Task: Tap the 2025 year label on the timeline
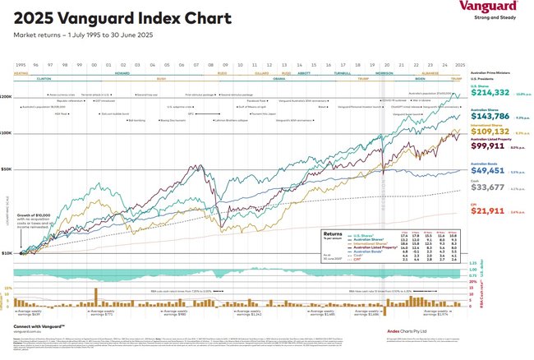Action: (x=459, y=63)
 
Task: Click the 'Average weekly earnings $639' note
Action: (x=30, y=313)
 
